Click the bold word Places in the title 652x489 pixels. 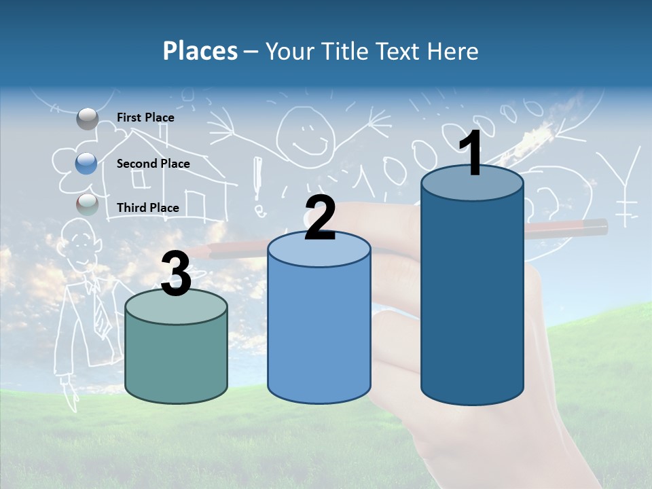[x=200, y=51]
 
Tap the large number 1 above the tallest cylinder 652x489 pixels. [x=471, y=154]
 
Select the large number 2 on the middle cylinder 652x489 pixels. [x=320, y=217]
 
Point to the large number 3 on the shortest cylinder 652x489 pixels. [x=176, y=274]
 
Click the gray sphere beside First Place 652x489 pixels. [x=88, y=119]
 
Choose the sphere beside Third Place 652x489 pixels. [x=87, y=204]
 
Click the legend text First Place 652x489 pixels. [x=145, y=117]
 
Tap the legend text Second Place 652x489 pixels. [x=153, y=163]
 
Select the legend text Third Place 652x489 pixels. [x=147, y=207]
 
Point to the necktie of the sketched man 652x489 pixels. [x=100, y=313]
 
